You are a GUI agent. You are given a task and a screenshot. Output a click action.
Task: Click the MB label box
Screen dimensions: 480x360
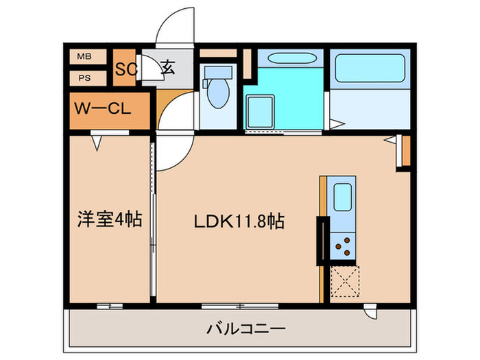click(88, 57)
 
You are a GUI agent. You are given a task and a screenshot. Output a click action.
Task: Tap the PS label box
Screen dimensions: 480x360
click(88, 78)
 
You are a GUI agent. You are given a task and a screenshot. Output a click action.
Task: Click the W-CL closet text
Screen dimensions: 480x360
click(103, 108)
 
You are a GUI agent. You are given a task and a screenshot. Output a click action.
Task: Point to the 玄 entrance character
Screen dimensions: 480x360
click(168, 67)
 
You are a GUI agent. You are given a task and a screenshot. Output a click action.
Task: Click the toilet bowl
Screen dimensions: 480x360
click(218, 93)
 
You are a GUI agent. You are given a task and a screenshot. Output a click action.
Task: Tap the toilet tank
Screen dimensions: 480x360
click(218, 73)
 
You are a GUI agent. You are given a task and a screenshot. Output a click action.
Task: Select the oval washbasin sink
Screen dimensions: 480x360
click(291, 58)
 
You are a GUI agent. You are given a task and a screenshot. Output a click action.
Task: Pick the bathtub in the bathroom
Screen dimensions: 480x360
click(370, 69)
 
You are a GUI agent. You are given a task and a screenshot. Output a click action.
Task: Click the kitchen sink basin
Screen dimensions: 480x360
click(343, 197)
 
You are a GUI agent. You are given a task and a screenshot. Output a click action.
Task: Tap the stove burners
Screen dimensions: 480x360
click(343, 246)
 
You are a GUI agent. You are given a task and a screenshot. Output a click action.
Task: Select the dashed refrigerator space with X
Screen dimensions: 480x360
click(345, 281)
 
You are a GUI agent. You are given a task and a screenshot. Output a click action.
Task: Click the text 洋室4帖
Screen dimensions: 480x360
click(110, 219)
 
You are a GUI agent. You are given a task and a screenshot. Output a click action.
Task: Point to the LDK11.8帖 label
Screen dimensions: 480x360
click(239, 221)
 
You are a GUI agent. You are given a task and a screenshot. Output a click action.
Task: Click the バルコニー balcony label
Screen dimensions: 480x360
click(246, 329)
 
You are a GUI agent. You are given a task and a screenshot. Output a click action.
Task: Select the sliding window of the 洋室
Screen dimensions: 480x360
click(110, 306)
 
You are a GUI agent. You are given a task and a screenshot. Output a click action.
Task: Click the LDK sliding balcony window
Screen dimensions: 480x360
click(240, 306)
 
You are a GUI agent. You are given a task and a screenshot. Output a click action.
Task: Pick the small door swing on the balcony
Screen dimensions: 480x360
click(371, 312)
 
